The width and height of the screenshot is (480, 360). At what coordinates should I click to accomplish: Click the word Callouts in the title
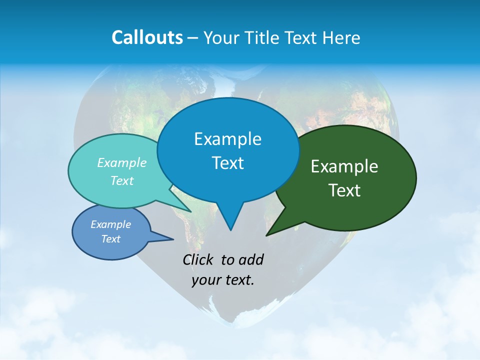point(147,37)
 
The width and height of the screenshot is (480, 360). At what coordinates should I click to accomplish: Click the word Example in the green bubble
point(344,166)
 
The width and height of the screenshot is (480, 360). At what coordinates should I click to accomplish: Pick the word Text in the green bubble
point(344,190)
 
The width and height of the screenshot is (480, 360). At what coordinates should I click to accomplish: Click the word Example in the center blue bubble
point(227,139)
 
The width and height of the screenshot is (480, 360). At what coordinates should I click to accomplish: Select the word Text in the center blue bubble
point(227,163)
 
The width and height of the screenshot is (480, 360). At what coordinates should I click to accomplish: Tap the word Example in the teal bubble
point(122,162)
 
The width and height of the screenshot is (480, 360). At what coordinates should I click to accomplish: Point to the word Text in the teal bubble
point(122,180)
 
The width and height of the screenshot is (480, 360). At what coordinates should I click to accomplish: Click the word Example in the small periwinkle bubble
point(111,224)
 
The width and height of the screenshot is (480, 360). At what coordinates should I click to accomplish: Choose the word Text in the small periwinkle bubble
point(111,239)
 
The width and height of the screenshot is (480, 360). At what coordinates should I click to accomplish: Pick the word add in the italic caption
point(250,259)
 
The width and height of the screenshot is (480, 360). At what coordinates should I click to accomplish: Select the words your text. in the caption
point(223,280)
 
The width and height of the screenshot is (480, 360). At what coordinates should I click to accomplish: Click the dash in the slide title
point(193,38)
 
